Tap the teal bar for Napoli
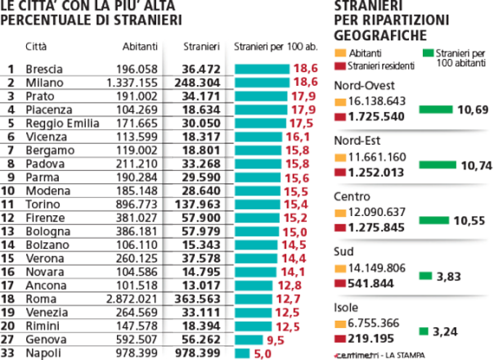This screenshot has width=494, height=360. coord(242,353)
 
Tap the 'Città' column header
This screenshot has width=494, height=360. coord(36,47)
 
